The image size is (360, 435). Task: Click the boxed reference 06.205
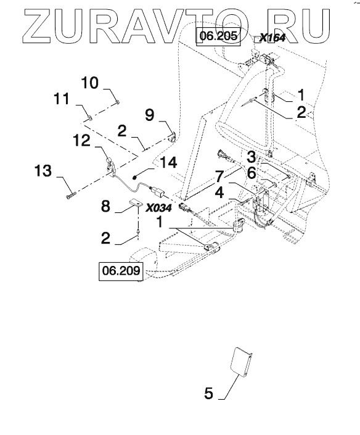(218, 36)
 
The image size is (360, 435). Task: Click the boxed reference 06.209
(121, 270)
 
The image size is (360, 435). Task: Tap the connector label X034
(159, 208)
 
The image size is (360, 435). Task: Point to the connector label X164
(272, 38)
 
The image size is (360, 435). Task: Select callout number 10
(90, 83)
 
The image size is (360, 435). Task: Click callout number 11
(62, 99)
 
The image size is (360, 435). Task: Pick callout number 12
(81, 141)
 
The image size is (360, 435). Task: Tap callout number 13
(43, 171)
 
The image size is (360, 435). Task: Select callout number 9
(150, 115)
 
